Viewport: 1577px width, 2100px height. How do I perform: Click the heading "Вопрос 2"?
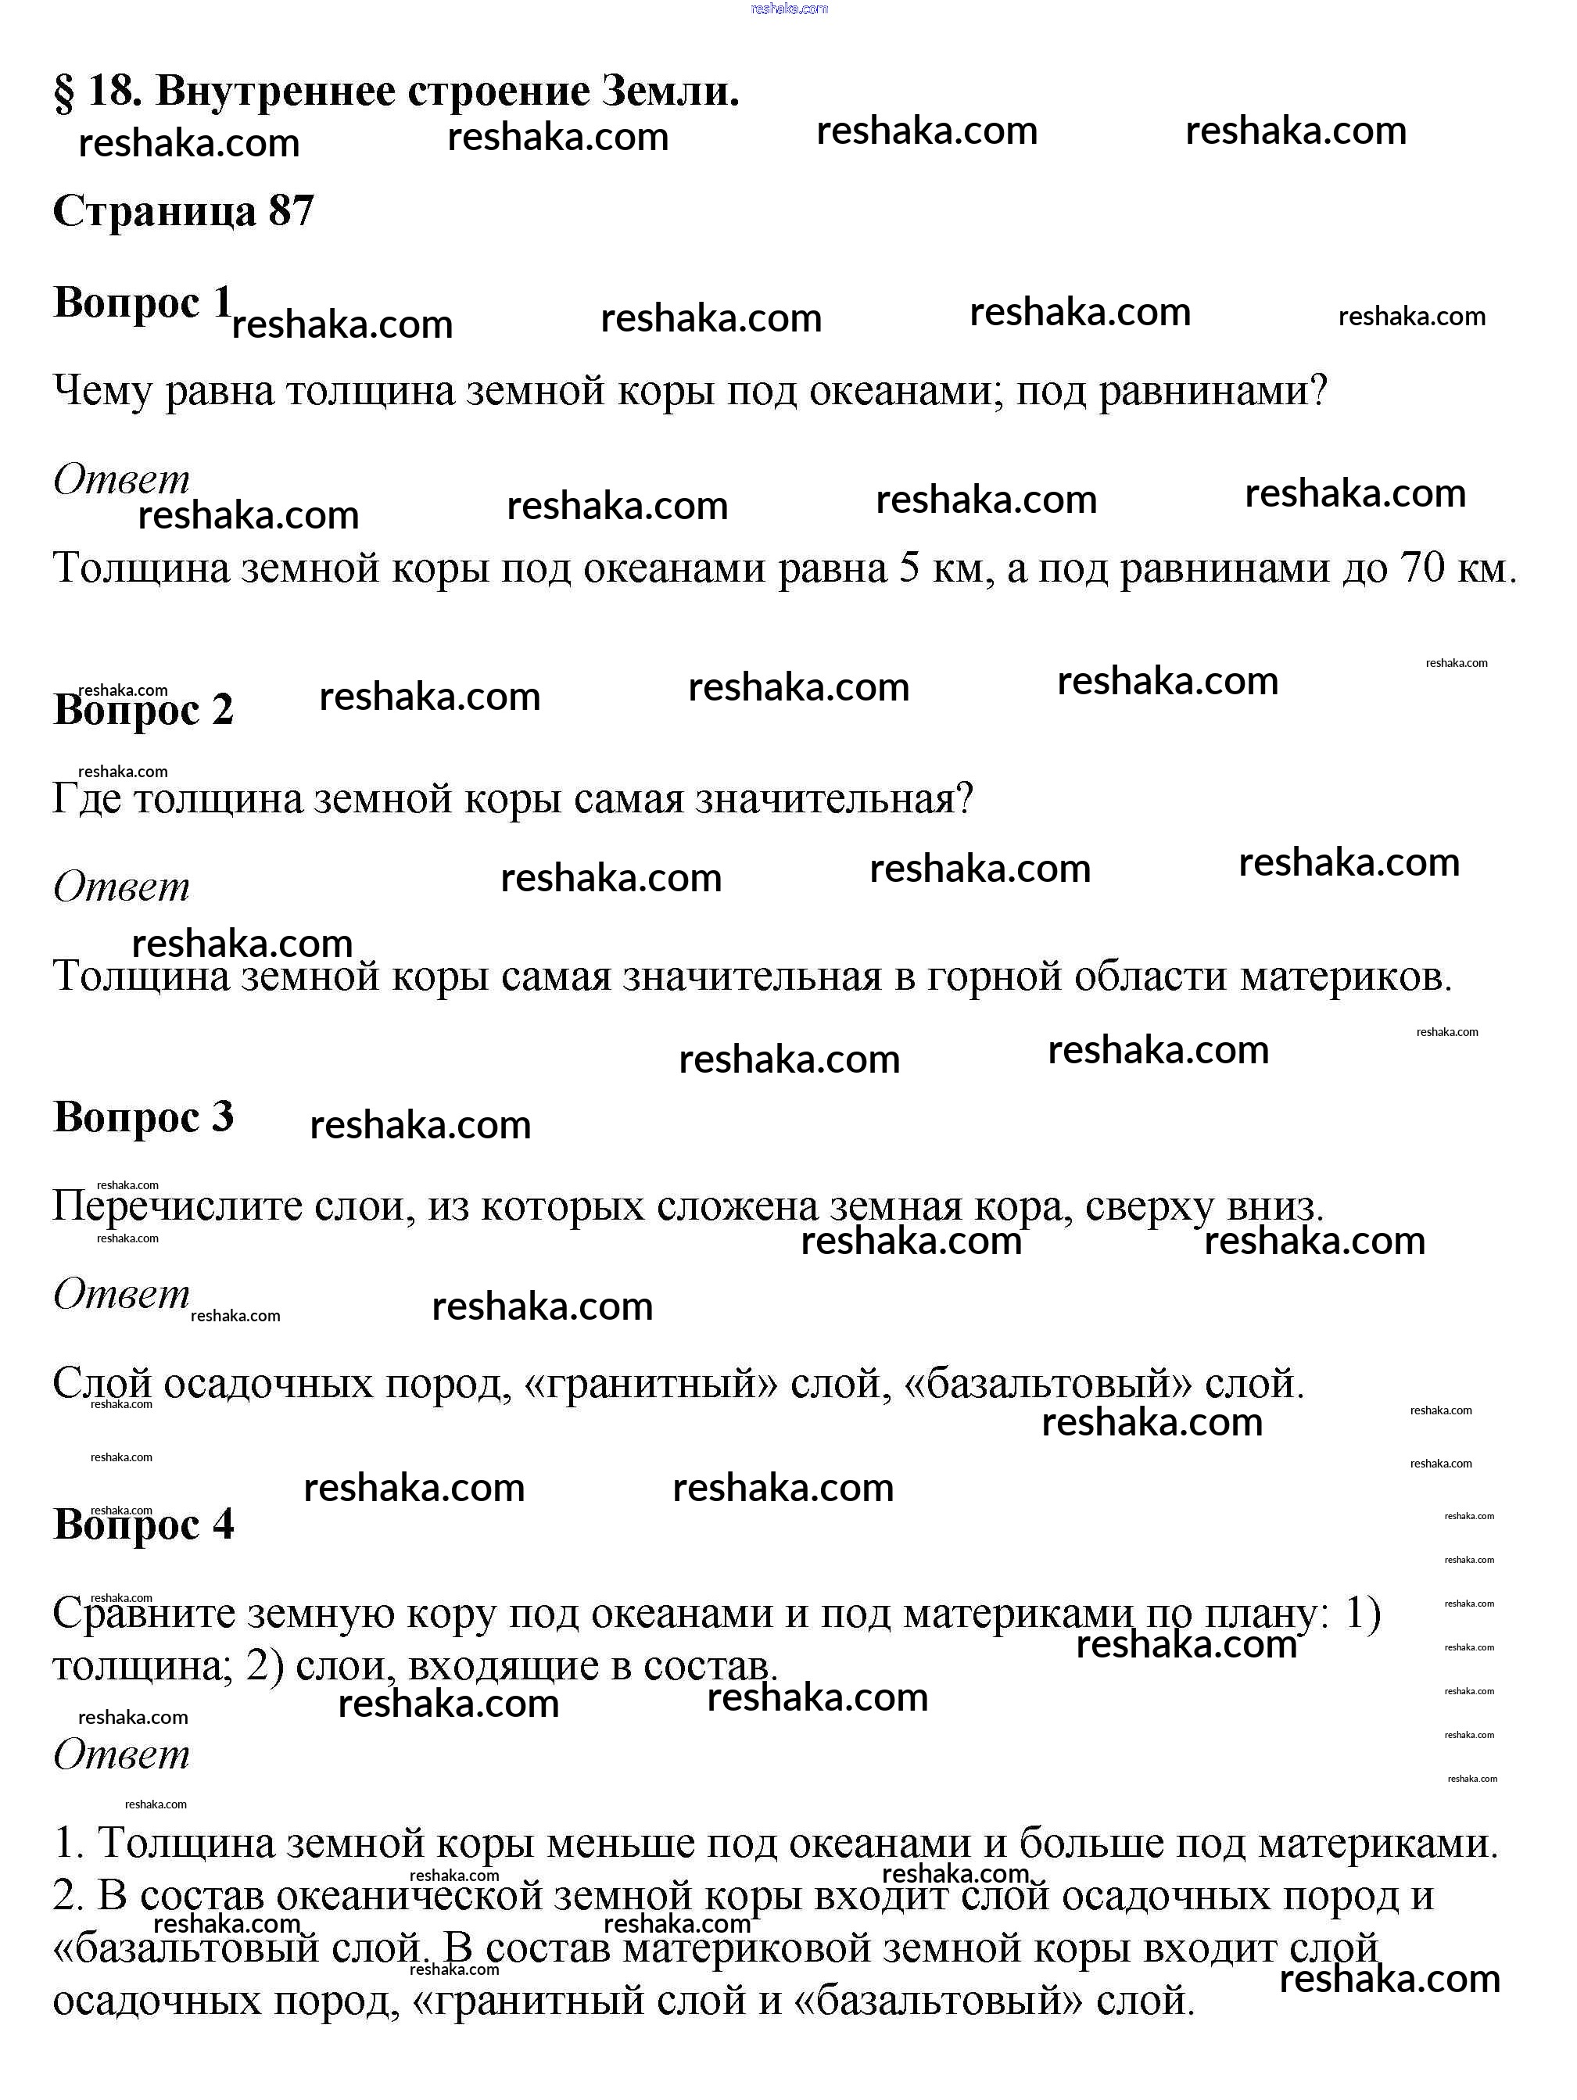tap(142, 709)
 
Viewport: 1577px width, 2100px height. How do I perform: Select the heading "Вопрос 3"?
tap(142, 1116)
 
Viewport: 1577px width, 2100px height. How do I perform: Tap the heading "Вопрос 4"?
tap(142, 1524)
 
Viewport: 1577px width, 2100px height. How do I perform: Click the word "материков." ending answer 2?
tap(1346, 976)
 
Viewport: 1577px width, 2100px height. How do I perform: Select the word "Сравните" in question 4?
tap(143, 1614)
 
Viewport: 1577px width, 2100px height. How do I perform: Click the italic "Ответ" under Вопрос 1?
tap(121, 479)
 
